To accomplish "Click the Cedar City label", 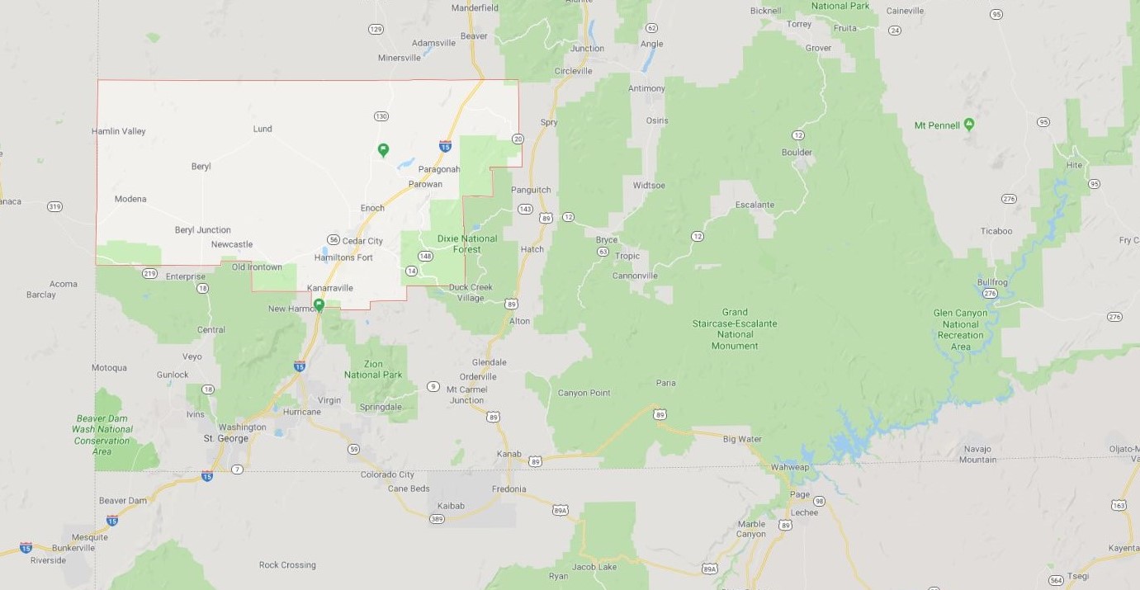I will point(362,241).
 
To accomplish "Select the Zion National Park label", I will point(373,369).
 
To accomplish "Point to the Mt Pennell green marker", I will point(969,125).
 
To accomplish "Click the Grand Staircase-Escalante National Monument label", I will point(735,329).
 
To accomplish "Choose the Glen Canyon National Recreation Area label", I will point(960,330).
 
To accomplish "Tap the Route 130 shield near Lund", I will point(381,116).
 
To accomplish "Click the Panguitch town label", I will point(531,190).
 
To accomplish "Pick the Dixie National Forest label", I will point(467,243).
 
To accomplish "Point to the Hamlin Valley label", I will point(119,131).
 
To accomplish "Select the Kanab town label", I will point(509,454).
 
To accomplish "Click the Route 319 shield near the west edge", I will point(54,206).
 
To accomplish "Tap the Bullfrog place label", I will point(992,282).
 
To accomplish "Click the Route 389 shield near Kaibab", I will point(437,518).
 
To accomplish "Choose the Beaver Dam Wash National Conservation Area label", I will point(102,435).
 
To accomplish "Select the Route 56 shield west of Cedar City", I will point(333,239).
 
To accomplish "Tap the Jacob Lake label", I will point(594,567).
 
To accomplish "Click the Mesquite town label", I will point(89,536).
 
